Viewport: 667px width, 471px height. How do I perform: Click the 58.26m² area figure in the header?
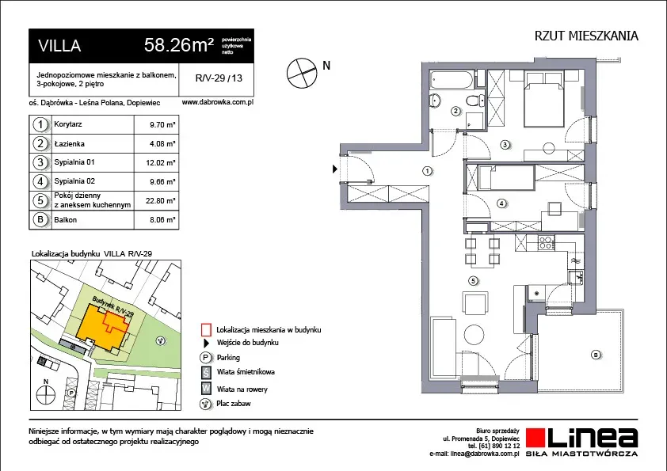pos(179,44)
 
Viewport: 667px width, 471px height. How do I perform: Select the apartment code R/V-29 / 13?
pos(219,78)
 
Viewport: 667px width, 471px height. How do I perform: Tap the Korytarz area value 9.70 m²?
pos(162,125)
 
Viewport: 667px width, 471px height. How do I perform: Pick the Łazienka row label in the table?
pos(69,144)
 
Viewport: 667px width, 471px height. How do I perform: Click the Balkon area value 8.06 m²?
pos(162,220)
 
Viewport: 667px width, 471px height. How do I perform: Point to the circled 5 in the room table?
pos(40,200)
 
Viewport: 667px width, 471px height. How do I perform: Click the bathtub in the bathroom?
pos(452,79)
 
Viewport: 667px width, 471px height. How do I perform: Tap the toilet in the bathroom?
pos(475,101)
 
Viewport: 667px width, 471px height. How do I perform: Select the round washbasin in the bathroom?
pos(435,101)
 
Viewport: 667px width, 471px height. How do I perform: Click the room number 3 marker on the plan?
pos(505,145)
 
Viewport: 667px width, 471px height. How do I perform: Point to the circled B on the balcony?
pos(596,355)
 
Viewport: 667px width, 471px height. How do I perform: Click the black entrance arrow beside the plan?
pos(335,169)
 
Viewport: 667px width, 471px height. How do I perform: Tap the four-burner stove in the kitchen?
pos(546,242)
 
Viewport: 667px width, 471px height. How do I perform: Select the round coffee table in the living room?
pos(474,335)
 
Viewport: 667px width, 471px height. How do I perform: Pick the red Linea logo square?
pos(536,438)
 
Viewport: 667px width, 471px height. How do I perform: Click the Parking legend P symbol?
pos(206,358)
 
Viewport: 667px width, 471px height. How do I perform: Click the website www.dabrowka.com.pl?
pos(217,102)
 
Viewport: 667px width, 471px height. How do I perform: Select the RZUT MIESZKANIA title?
pos(586,36)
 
